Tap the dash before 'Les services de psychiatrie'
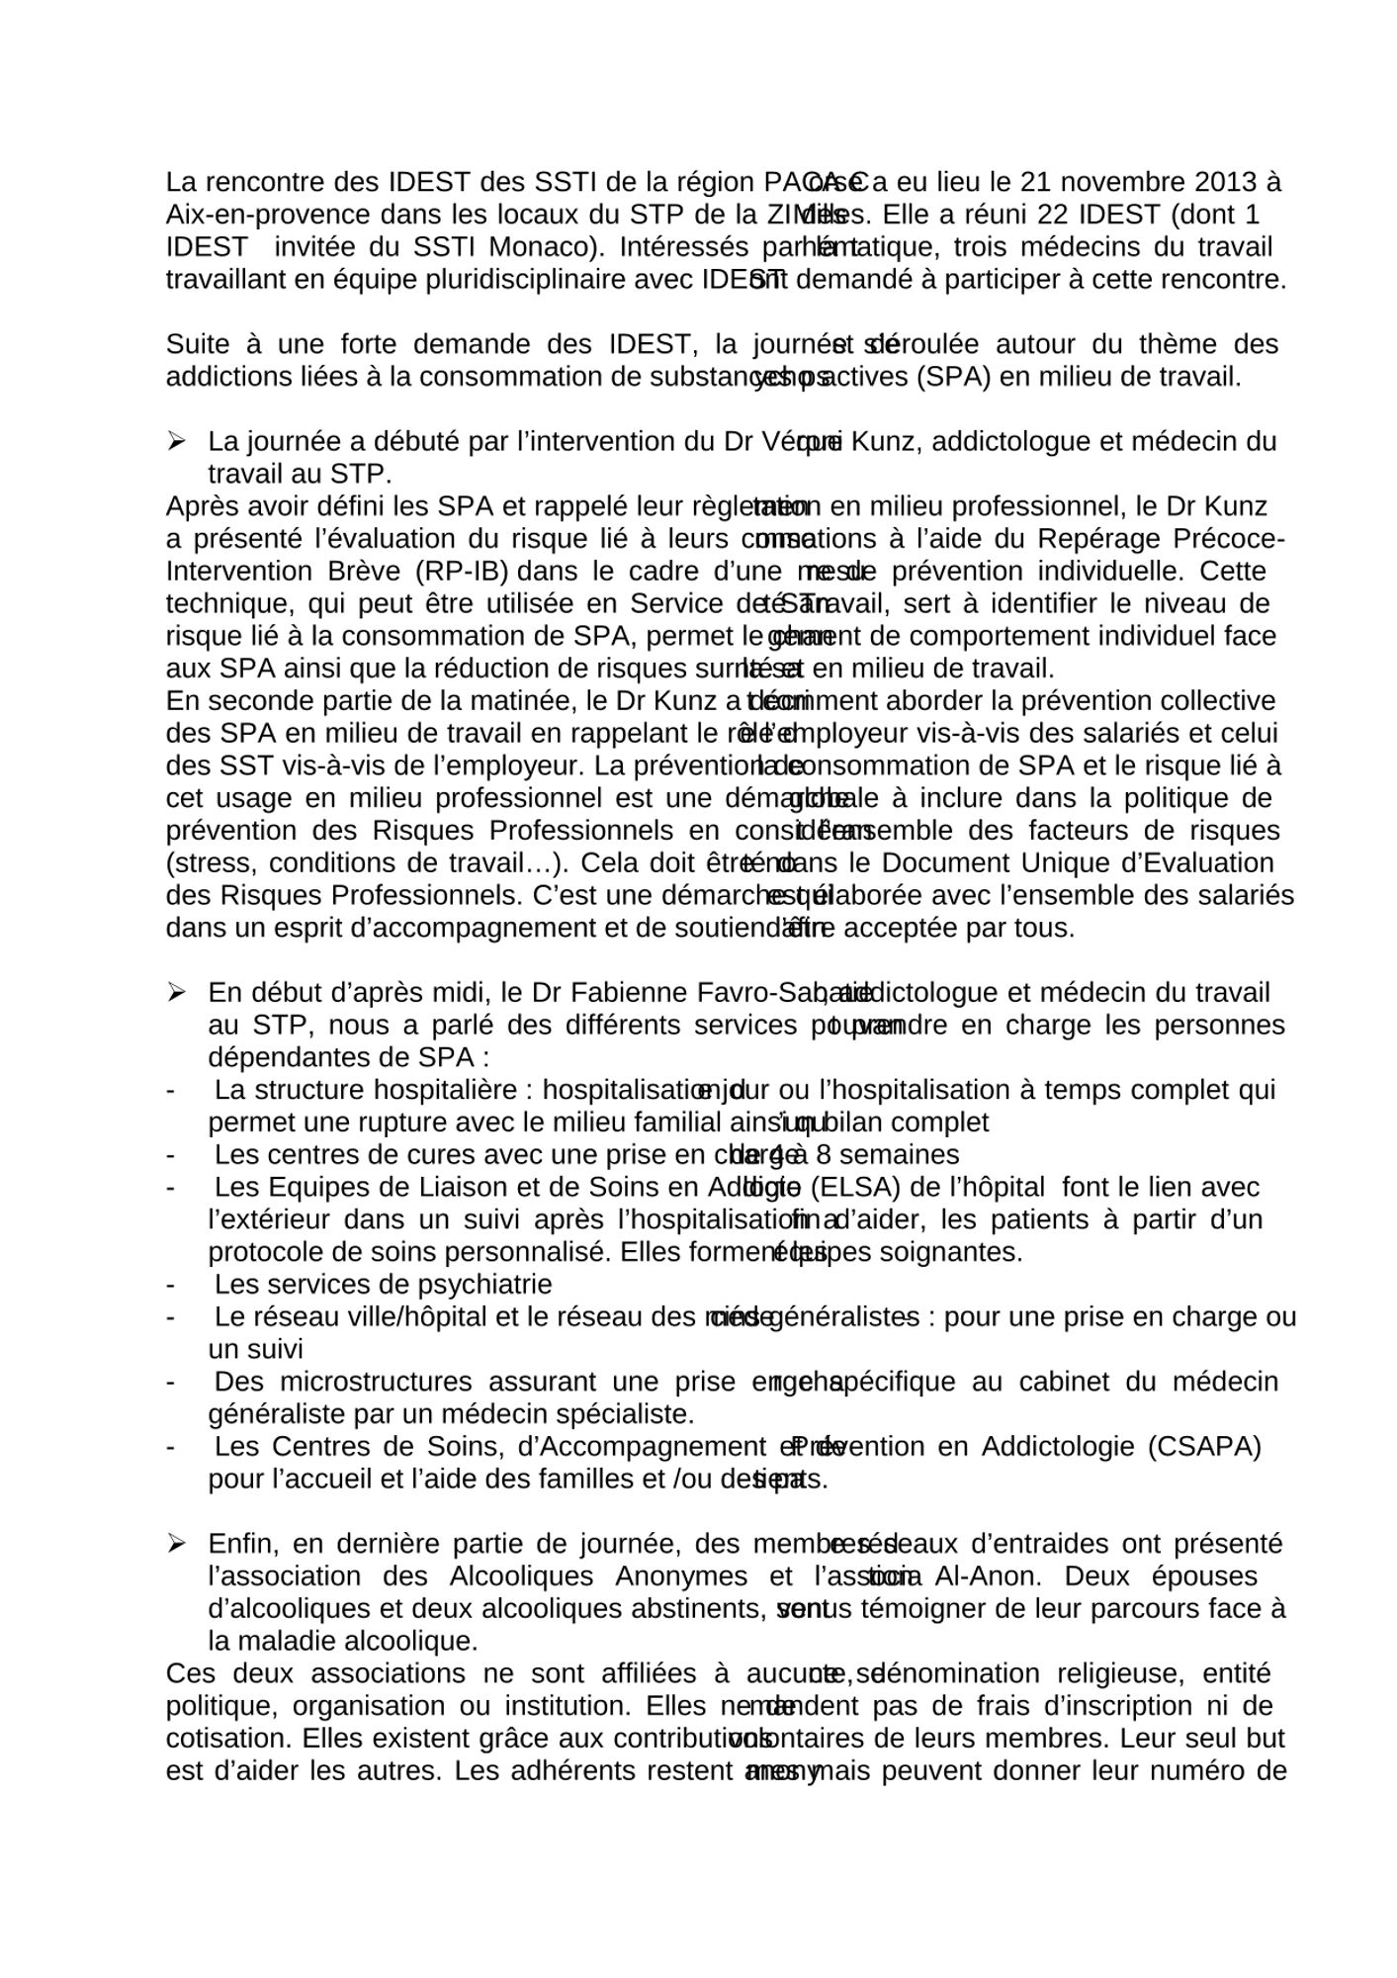172,1284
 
